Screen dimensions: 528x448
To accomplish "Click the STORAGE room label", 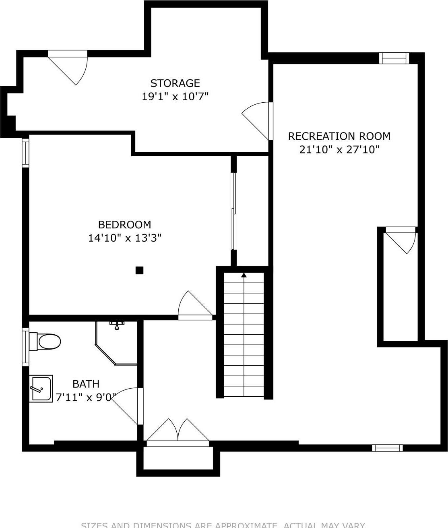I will [175, 83].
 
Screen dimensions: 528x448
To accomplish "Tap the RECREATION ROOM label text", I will [339, 136].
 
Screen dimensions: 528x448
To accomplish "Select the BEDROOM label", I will [125, 224].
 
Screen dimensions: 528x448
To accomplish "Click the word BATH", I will [86, 384].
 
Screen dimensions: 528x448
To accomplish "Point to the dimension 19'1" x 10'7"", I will [175, 97].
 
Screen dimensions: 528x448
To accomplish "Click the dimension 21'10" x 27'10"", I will [339, 150].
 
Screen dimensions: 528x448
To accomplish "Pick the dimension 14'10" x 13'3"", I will [125, 238].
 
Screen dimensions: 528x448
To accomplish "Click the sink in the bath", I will [41, 389].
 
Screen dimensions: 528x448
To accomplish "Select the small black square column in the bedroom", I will [139, 270].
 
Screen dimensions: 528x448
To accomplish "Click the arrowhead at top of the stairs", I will [244, 275].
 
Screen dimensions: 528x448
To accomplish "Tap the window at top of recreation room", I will [395, 58].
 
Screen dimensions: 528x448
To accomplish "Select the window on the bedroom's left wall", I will [26, 153].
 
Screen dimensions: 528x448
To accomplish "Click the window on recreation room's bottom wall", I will [387, 447].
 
